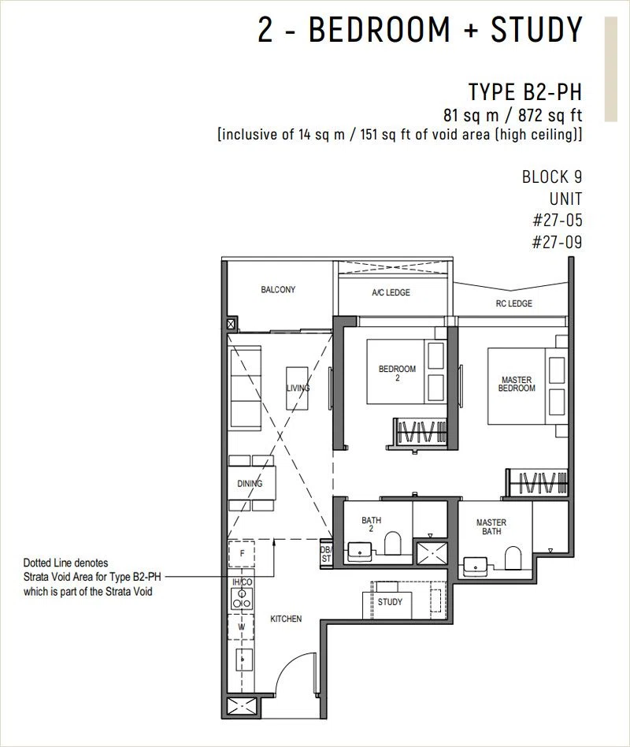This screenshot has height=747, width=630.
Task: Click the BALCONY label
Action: [278, 289]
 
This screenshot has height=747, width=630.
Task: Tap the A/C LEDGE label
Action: [391, 292]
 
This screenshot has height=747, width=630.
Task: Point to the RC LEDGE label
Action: [513, 303]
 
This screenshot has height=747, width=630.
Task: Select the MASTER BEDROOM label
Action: [517, 384]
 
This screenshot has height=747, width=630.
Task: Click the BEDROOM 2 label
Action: [397, 373]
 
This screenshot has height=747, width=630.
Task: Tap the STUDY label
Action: [390, 602]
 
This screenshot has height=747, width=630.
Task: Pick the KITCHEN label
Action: [286, 619]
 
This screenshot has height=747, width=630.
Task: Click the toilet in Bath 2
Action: [393, 544]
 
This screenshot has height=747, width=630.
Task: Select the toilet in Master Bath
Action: [513, 558]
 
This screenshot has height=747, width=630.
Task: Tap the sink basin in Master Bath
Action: [475, 567]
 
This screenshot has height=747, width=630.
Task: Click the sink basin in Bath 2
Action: [360, 552]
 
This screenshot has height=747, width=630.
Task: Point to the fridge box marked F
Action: [242, 554]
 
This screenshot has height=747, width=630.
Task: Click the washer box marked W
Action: [241, 627]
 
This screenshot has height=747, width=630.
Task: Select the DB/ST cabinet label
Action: [326, 554]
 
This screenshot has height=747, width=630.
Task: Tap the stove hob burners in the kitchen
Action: [242, 599]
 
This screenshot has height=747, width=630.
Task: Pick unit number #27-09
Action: [557, 243]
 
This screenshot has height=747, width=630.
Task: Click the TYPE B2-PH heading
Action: [524, 92]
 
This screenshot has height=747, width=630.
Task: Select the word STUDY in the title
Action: [536, 29]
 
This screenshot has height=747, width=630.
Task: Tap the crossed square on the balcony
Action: [231, 325]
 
